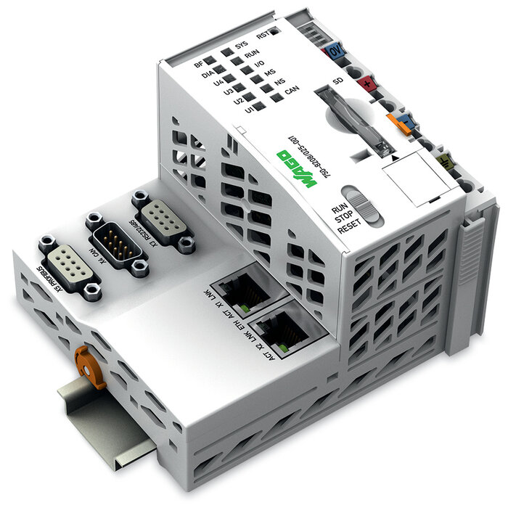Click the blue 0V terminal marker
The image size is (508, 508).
(335, 52)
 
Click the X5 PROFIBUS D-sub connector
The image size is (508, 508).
(69, 266)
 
